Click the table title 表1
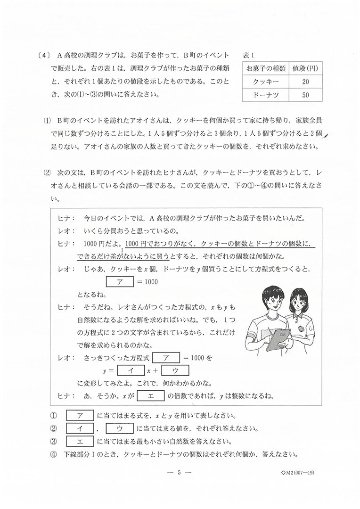[249, 55]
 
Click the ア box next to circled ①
[79, 416]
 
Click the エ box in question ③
[79, 442]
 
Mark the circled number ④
[53, 455]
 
